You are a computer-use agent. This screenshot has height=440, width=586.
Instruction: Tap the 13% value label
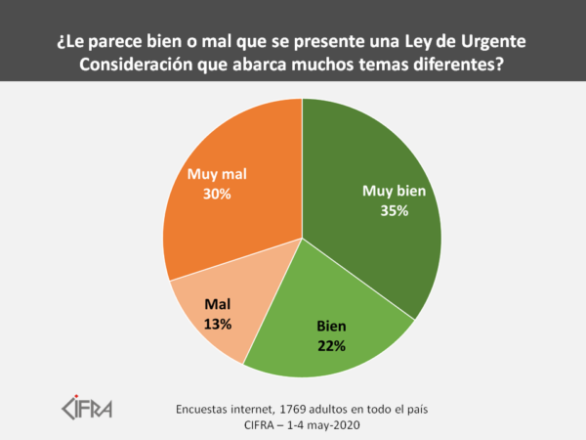pos(218,324)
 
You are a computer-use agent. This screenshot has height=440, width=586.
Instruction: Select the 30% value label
pos(216,194)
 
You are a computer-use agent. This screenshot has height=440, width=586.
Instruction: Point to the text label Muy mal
pos(216,174)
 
